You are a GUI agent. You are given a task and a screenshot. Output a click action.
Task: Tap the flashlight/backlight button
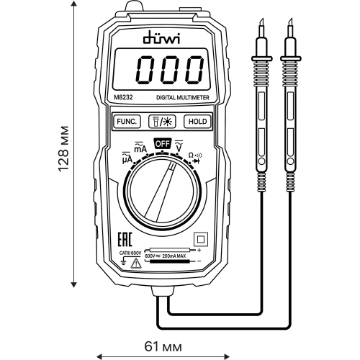pyautogui.click(x=159, y=122)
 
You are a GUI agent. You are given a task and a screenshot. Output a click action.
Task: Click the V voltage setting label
pyautogui.click(x=180, y=147)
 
